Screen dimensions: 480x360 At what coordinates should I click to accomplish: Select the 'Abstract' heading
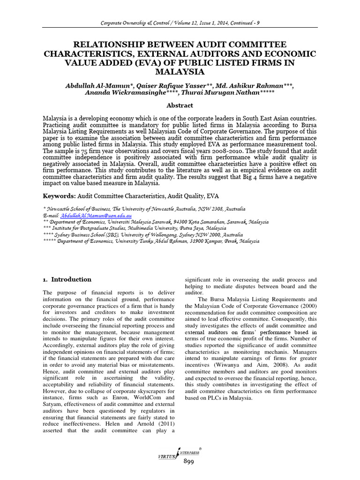pyautogui.click(x=180, y=106)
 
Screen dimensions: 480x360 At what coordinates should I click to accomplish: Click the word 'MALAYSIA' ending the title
pyautogui.click(x=180, y=72)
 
